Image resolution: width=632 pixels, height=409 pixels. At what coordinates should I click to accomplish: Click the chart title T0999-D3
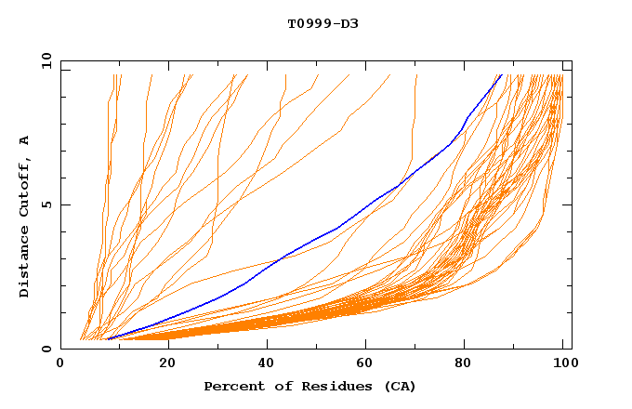coord(323,23)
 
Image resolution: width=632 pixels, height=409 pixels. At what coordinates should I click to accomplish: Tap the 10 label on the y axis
coord(45,60)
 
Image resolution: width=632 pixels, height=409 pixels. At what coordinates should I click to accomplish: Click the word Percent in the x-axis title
coord(230,386)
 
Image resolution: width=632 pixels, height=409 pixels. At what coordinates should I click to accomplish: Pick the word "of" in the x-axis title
coord(271,386)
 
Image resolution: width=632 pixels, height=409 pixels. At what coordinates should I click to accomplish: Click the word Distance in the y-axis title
coord(24,264)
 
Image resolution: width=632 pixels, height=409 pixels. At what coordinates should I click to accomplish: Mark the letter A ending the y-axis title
coord(24,139)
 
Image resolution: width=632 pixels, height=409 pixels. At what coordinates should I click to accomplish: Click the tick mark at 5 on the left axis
coord(64,204)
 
